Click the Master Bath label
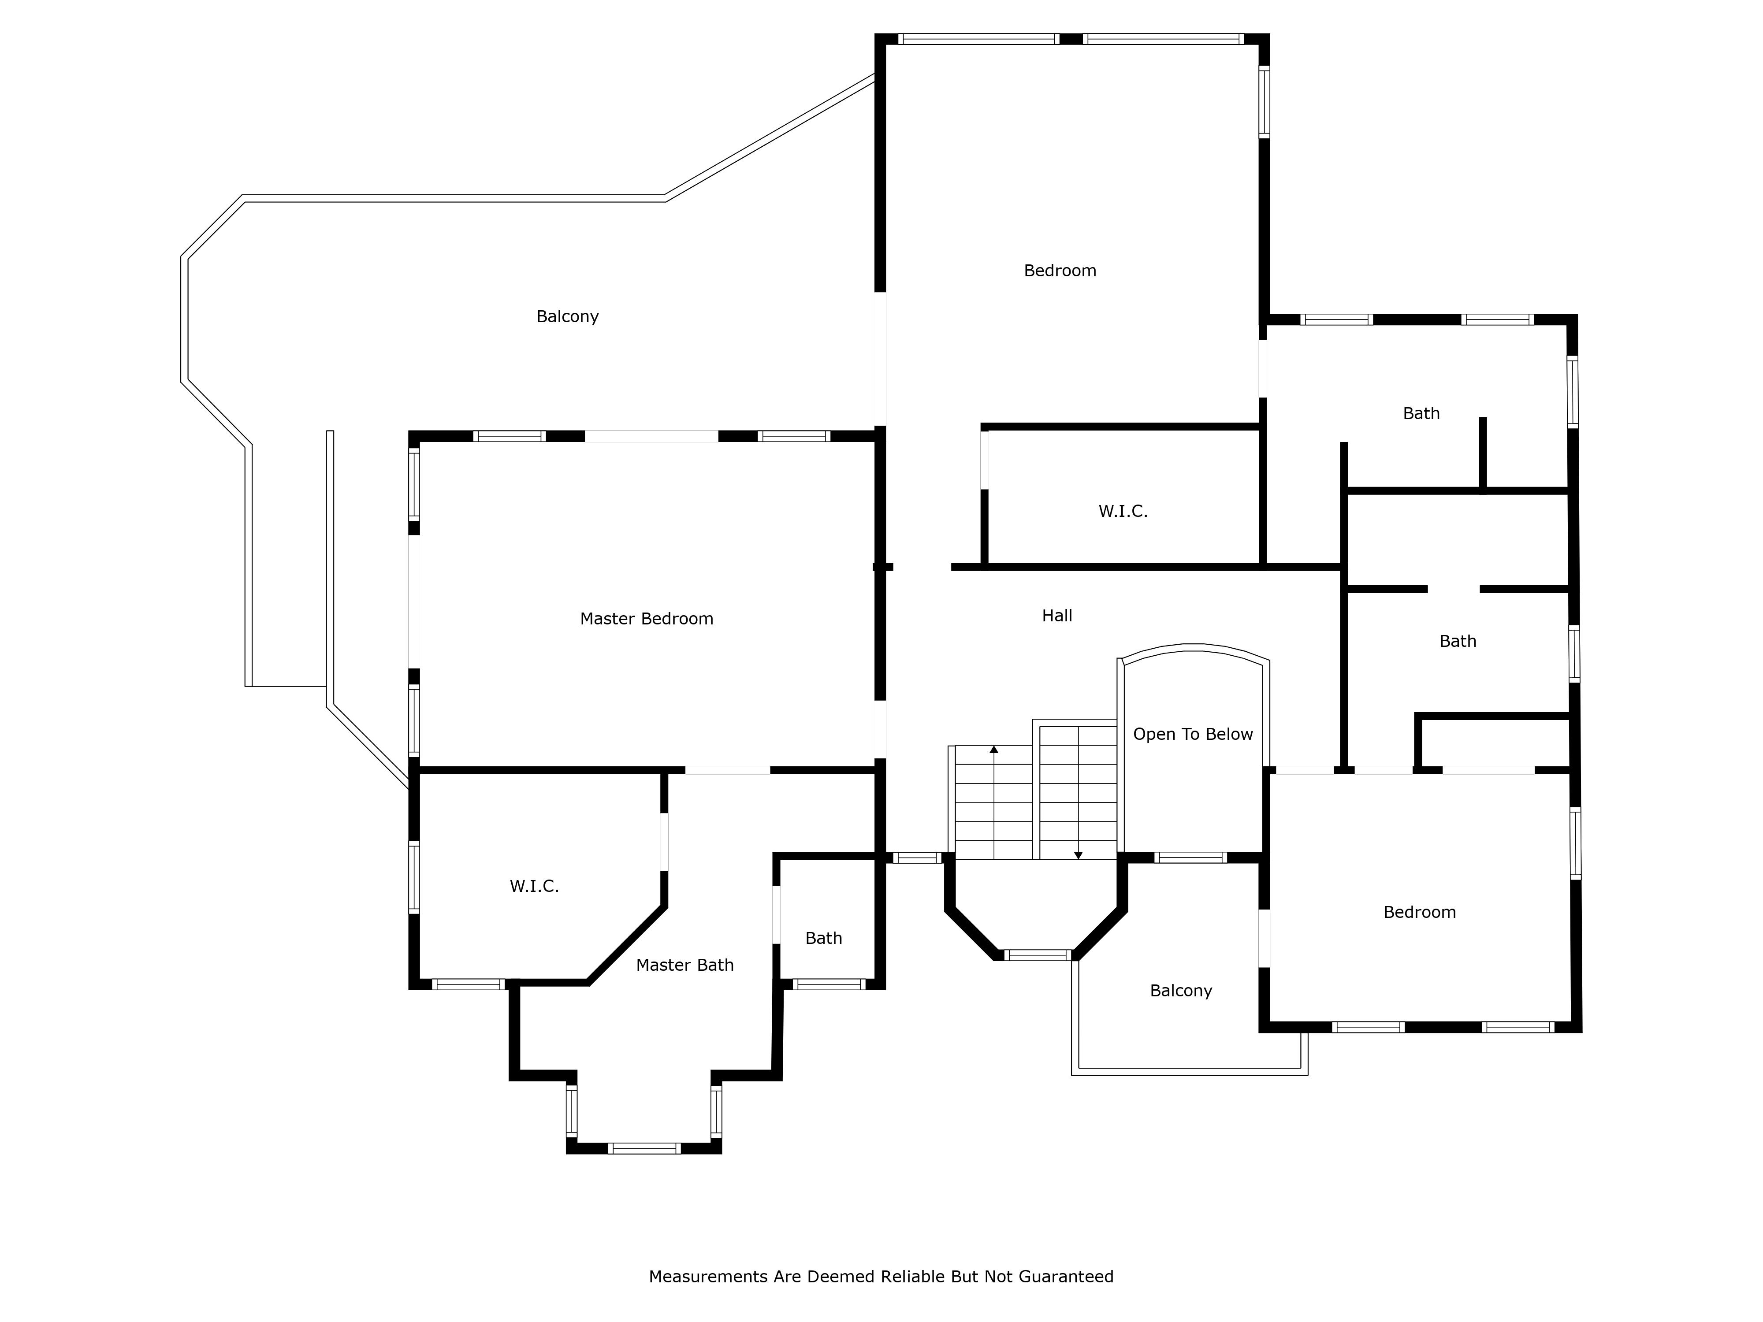684,965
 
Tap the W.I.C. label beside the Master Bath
534,886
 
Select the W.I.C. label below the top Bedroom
1123,512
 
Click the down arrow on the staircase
1079,855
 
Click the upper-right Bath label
1421,414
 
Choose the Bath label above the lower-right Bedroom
1458,642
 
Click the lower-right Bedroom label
1420,913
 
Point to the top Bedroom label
1060,271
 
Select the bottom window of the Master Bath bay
644,1148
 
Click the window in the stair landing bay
1036,954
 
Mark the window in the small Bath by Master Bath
829,984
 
